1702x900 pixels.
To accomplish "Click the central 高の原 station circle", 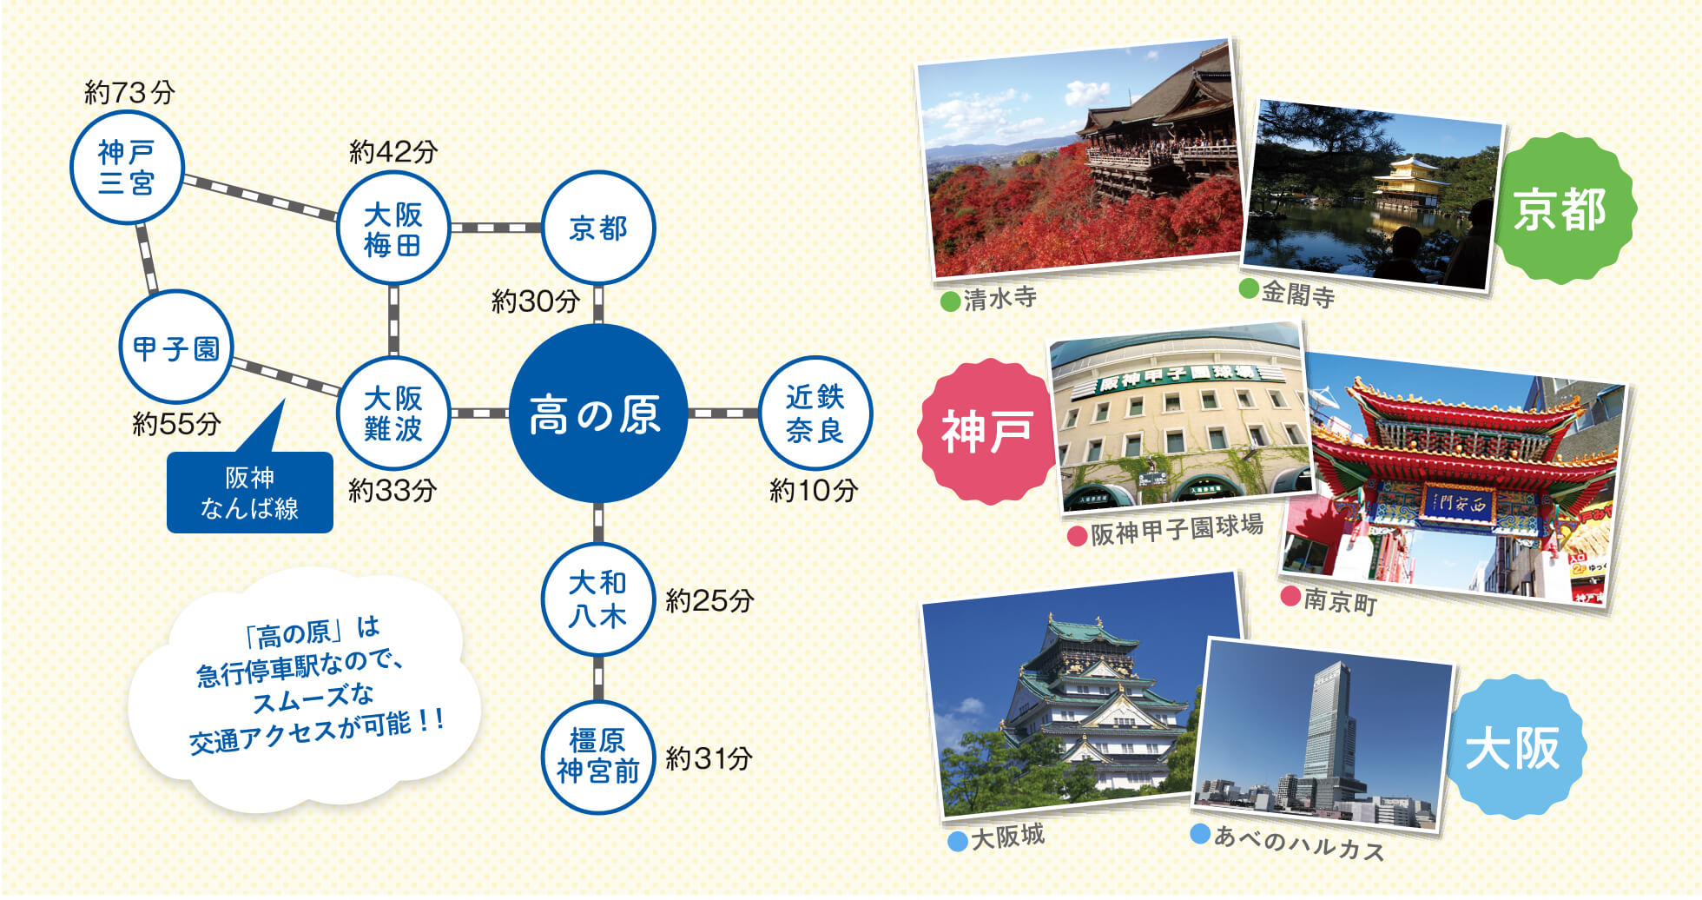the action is (598, 414).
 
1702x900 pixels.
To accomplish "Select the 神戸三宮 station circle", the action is (127, 168).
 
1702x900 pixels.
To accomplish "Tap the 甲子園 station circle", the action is (176, 347).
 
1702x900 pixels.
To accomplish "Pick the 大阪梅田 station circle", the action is (393, 228).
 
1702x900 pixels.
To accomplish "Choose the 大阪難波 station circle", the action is (393, 414).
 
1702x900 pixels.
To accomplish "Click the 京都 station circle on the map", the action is (598, 228).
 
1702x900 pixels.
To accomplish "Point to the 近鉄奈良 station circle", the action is (815, 414).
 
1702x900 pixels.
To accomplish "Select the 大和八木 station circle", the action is (598, 599).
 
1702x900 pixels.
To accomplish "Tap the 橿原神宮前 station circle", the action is (598, 757).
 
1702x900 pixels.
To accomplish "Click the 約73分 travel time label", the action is (129, 92).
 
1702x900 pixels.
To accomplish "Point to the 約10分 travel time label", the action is (814, 491).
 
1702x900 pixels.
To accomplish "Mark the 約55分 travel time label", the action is (176, 424).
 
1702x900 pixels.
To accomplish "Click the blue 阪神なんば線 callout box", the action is (250, 492).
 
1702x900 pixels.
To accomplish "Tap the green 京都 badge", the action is (1560, 208).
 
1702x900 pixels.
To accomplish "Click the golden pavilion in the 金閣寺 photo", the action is (1407, 184).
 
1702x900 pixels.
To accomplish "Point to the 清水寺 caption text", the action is (1000, 299).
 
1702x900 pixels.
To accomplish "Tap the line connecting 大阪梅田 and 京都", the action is (496, 228).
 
